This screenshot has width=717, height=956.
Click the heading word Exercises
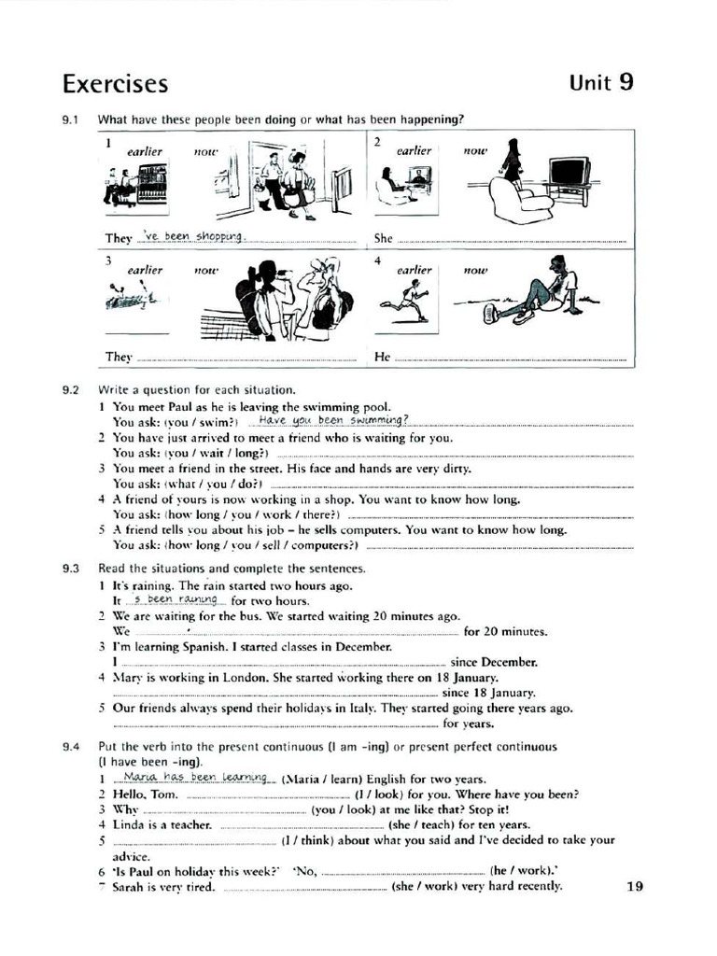(x=115, y=84)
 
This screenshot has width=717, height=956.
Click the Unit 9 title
(x=601, y=82)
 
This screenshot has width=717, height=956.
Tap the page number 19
(x=635, y=886)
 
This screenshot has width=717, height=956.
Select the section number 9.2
(x=71, y=389)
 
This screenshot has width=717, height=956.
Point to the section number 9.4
(x=71, y=747)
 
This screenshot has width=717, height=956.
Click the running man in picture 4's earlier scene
(x=407, y=301)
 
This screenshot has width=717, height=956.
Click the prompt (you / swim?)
(x=203, y=422)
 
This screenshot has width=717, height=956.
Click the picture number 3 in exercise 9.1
(x=108, y=260)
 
